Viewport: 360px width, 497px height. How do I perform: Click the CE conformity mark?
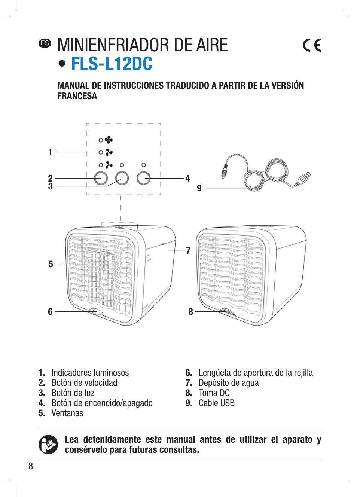click(312, 45)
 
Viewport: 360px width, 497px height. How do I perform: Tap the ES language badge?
click(45, 43)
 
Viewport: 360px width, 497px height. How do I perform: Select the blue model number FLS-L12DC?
click(112, 64)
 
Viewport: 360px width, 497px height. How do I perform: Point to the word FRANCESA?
click(77, 96)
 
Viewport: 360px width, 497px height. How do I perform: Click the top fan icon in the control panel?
click(109, 140)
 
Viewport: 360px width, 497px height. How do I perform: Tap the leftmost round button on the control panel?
click(101, 178)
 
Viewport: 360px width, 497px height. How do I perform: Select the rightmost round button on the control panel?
click(143, 178)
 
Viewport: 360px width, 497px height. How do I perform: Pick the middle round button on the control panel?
click(122, 178)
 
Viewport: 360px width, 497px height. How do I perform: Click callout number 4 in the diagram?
click(187, 179)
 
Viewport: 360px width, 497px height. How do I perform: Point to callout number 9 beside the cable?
click(199, 188)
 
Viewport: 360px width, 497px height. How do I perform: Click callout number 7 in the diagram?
click(188, 251)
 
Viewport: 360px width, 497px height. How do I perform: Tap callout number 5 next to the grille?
click(51, 264)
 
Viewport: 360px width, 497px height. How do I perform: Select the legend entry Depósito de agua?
click(229, 383)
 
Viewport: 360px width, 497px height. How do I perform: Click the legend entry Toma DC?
click(214, 393)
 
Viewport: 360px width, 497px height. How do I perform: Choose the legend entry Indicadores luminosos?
click(90, 373)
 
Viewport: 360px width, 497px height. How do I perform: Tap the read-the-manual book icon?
click(48, 445)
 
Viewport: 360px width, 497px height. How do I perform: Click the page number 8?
click(31, 466)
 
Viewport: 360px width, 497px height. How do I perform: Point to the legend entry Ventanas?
click(67, 413)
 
